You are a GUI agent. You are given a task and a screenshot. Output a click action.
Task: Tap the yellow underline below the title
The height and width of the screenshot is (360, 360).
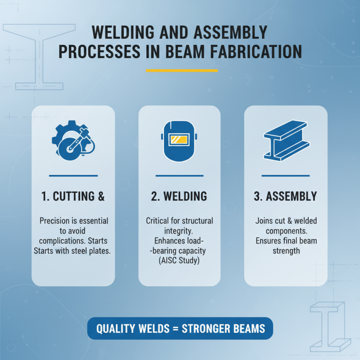click(182, 70)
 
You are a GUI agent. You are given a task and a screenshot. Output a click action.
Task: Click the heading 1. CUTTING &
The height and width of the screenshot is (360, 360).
click(72, 196)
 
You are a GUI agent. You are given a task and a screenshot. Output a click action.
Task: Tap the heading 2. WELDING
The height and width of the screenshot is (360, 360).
click(179, 196)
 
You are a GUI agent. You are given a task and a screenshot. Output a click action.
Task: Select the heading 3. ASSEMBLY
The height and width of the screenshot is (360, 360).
click(285, 196)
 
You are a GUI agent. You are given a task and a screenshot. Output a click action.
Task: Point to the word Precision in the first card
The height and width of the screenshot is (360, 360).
click(56, 221)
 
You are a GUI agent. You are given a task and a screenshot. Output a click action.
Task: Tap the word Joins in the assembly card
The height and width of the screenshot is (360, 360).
click(265, 221)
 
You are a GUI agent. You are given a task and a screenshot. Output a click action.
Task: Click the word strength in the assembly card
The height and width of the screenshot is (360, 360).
click(286, 250)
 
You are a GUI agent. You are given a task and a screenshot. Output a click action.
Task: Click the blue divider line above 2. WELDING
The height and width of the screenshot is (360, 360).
click(179, 175)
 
